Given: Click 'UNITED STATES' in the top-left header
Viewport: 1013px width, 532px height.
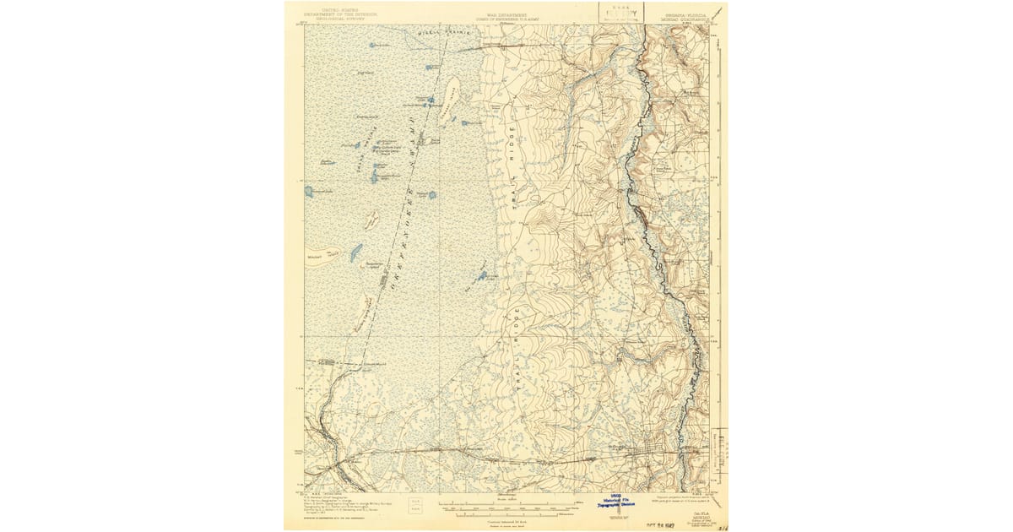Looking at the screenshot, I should pos(332,8).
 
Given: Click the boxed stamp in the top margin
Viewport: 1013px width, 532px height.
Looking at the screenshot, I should pos(620,12).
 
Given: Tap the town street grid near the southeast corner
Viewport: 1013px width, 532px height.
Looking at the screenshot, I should pos(655,451).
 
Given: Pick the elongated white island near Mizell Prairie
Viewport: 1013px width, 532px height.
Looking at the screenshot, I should pos(451,88).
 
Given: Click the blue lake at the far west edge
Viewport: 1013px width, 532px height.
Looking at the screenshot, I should pos(309,192).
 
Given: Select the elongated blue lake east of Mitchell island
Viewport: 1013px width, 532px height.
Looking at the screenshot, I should pos(357,251).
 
